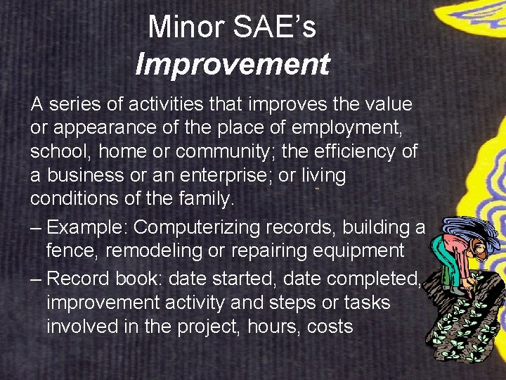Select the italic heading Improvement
(232, 64)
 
